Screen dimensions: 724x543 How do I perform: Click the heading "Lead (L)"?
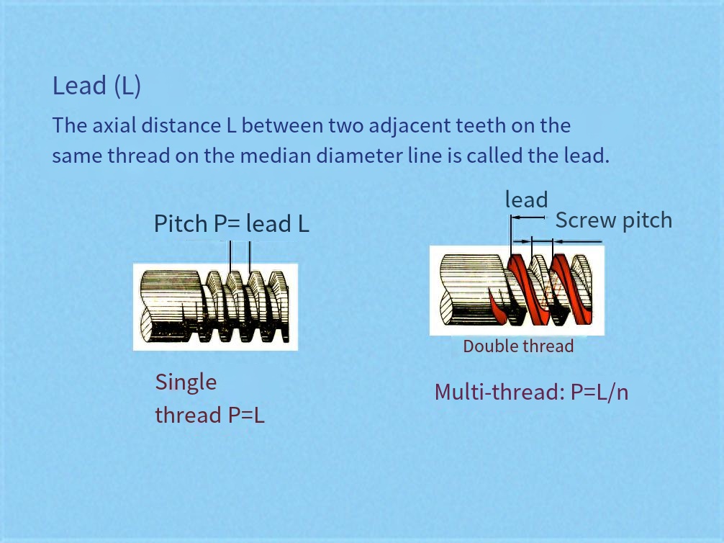[96, 86]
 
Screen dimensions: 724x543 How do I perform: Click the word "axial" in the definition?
[114, 125]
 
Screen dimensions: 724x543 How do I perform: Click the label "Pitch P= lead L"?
[231, 224]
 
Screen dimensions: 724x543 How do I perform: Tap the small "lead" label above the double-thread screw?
[526, 199]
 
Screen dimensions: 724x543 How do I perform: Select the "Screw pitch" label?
[614, 220]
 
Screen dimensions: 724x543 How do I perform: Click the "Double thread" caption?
[518, 346]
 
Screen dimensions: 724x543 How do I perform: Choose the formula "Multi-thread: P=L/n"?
[531, 392]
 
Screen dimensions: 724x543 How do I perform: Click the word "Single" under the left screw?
[186, 382]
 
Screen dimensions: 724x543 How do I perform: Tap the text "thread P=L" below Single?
[210, 415]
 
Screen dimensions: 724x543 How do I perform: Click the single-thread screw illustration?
[216, 307]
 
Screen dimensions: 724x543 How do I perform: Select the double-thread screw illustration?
[517, 290]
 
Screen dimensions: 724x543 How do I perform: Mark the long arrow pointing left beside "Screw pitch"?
[578, 241]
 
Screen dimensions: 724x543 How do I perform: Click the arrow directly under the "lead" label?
[528, 217]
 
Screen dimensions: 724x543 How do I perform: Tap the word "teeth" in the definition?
[481, 126]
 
